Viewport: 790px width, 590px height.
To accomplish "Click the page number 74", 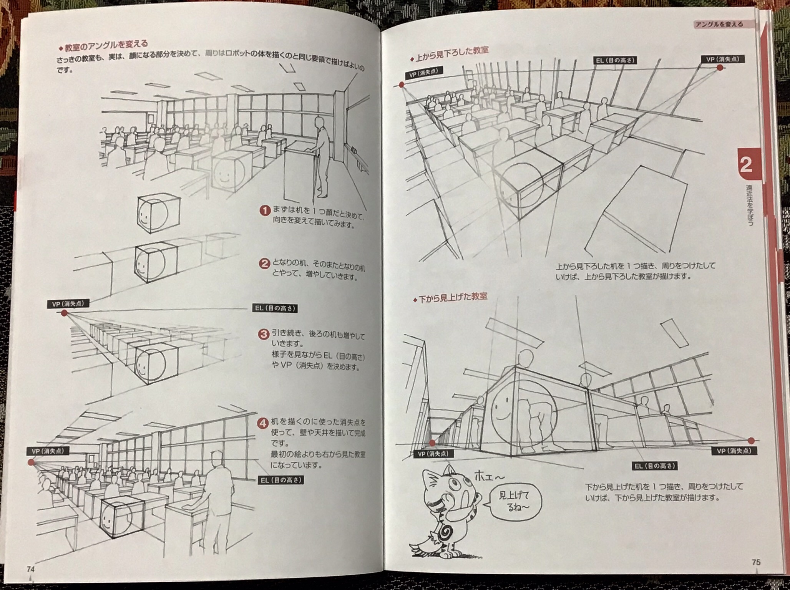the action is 31,570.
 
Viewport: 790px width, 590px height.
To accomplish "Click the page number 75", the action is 756,562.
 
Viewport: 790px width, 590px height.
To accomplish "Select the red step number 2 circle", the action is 264,264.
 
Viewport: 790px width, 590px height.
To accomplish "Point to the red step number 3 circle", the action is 264,334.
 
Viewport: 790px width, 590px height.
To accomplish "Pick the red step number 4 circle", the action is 263,424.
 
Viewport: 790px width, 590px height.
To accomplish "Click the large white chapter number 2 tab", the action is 745,165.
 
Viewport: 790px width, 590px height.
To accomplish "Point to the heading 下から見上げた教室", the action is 450,297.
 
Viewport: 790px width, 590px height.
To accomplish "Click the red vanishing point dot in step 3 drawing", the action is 64,313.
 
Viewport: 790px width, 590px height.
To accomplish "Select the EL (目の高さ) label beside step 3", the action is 276,308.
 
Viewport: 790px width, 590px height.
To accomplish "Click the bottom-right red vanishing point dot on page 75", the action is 751,441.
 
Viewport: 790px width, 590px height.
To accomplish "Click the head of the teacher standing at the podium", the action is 319,123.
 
